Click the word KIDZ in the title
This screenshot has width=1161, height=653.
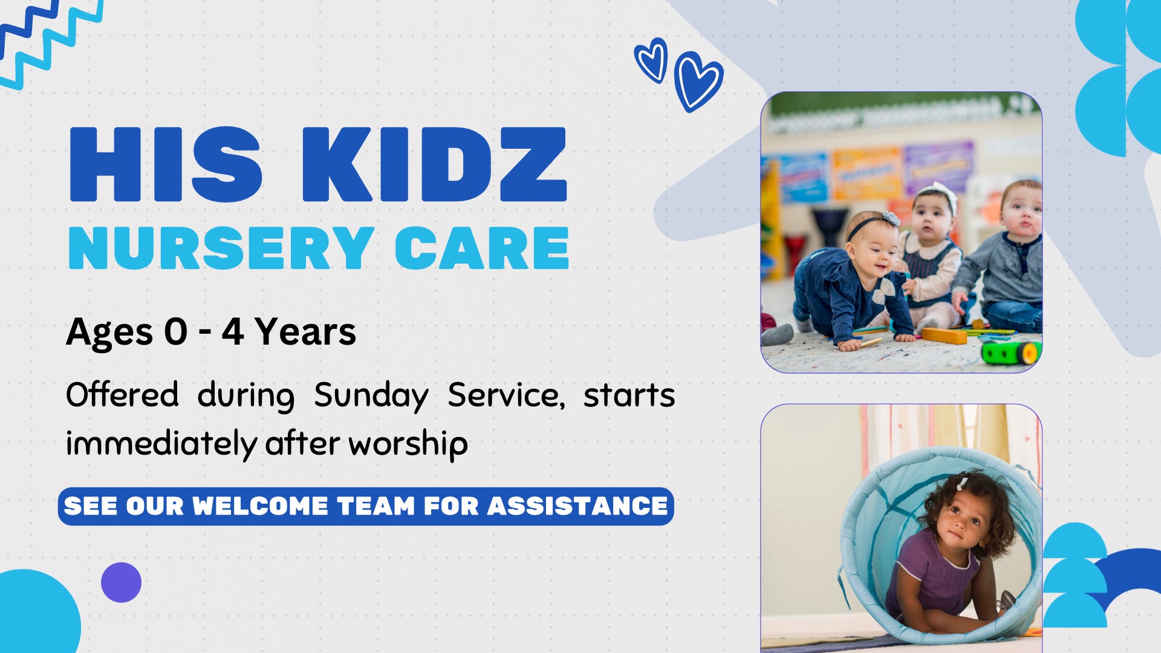tap(434, 164)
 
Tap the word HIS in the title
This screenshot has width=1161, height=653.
tap(166, 164)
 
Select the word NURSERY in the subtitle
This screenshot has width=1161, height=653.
tap(221, 248)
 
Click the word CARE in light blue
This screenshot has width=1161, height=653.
tap(482, 248)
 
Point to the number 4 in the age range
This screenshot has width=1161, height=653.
tap(233, 332)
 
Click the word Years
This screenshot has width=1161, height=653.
tap(305, 332)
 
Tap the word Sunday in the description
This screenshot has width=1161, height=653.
tap(371, 396)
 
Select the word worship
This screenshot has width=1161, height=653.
tap(408, 444)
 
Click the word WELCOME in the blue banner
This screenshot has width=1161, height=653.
tap(260, 506)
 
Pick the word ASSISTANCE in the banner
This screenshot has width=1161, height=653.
tap(577, 506)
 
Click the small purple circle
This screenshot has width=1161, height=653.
tap(121, 582)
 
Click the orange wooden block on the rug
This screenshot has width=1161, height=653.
tap(944, 335)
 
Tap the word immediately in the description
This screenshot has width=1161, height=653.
tap(161, 444)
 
